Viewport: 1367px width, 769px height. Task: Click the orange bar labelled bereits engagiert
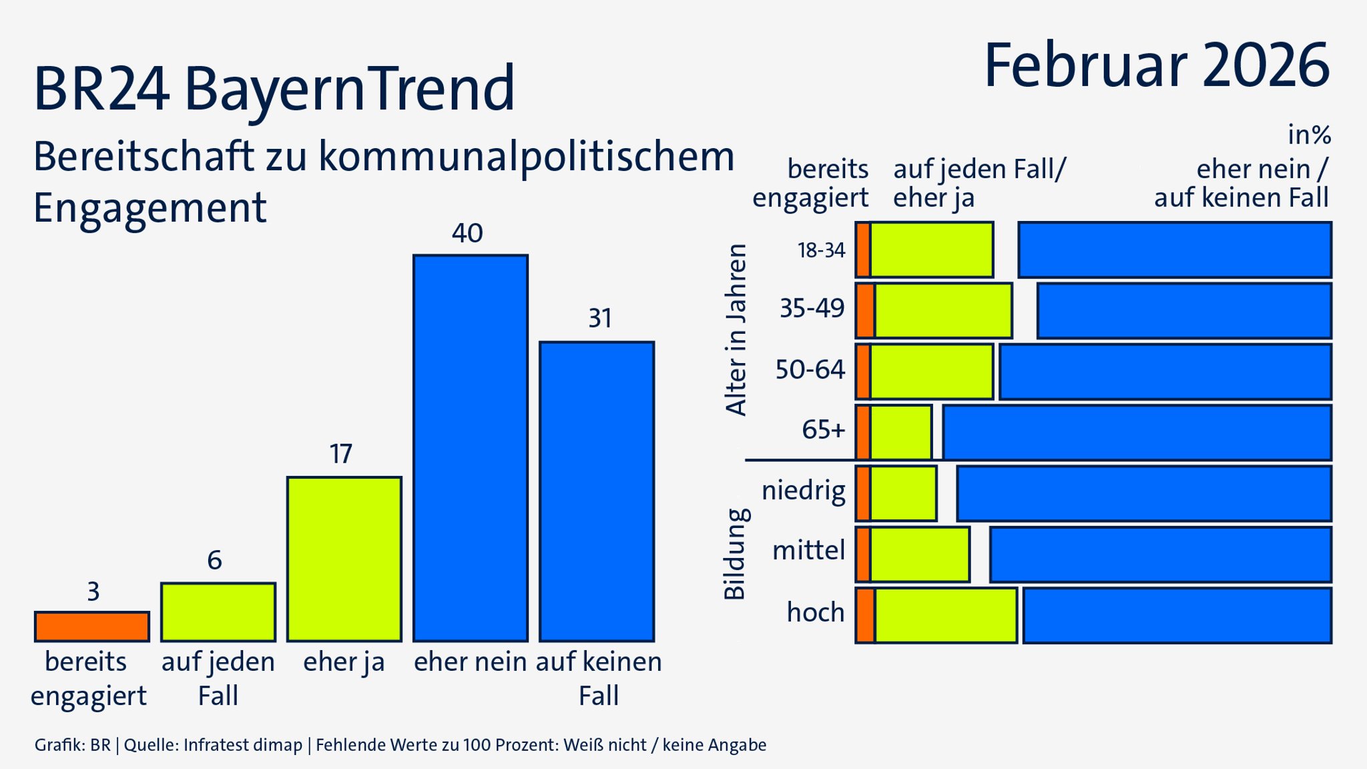coord(92,626)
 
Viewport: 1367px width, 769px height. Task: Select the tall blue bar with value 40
coord(471,447)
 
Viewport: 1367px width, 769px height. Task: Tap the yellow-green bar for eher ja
coord(344,559)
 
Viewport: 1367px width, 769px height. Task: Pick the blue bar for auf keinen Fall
coord(597,491)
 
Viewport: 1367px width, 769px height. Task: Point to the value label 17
coord(340,455)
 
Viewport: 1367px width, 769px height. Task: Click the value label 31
coord(599,318)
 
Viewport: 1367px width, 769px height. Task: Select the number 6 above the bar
coord(214,560)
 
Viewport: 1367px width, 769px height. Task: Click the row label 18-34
coord(821,250)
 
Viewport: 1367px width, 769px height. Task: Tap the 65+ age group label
coord(823,429)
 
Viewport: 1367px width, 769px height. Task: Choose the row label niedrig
coord(804,491)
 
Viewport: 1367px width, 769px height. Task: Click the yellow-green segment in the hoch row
coord(946,615)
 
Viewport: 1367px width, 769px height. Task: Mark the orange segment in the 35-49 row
coord(865,310)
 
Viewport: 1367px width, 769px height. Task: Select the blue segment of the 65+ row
coord(1137,433)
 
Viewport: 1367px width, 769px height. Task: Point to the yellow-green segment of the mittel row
coord(920,554)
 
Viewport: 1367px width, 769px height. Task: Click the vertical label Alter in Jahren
coord(736,329)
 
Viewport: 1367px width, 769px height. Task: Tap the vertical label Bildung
coord(735,553)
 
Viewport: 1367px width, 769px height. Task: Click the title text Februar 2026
coord(1156,65)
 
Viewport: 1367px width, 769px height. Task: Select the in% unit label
coord(1309,135)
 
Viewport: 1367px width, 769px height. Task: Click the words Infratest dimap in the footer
coord(243,745)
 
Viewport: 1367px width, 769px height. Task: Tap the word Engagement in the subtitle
coord(150,208)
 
